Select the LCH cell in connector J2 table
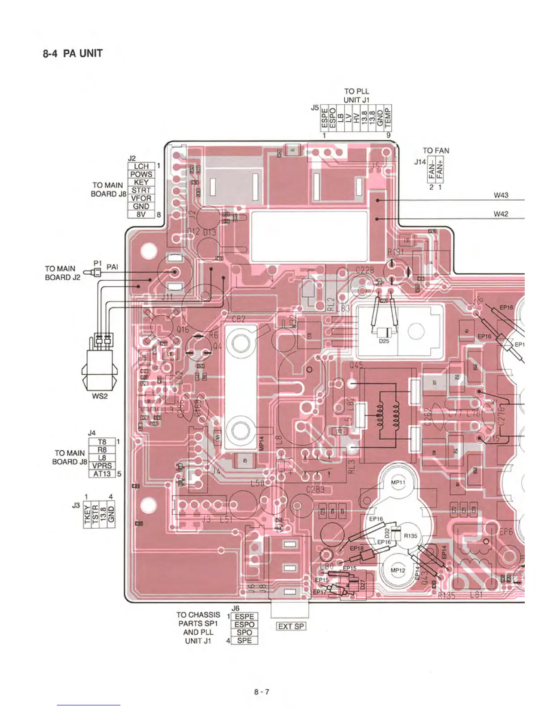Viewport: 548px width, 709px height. [x=141, y=166]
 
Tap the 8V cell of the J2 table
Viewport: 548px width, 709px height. [x=141, y=214]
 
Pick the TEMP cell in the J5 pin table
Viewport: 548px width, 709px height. [x=388, y=118]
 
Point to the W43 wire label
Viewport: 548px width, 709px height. [x=501, y=195]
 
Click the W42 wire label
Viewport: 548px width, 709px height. [x=501, y=214]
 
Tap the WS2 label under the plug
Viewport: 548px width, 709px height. [x=100, y=396]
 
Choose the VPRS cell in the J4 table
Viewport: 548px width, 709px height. [x=102, y=466]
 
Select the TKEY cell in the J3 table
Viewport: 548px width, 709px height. [x=88, y=514]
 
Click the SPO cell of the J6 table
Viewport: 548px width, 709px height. [x=244, y=632]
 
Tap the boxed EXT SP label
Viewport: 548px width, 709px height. [x=291, y=626]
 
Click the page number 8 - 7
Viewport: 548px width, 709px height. [x=262, y=692]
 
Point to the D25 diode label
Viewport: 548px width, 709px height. [x=384, y=341]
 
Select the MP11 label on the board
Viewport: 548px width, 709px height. [x=398, y=483]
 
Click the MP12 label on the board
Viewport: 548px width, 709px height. [x=398, y=570]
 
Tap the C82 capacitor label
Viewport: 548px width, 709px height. [x=239, y=319]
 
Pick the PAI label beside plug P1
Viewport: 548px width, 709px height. [x=112, y=267]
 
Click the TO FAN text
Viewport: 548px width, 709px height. [x=436, y=151]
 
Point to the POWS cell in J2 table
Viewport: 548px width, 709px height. [x=141, y=174]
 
